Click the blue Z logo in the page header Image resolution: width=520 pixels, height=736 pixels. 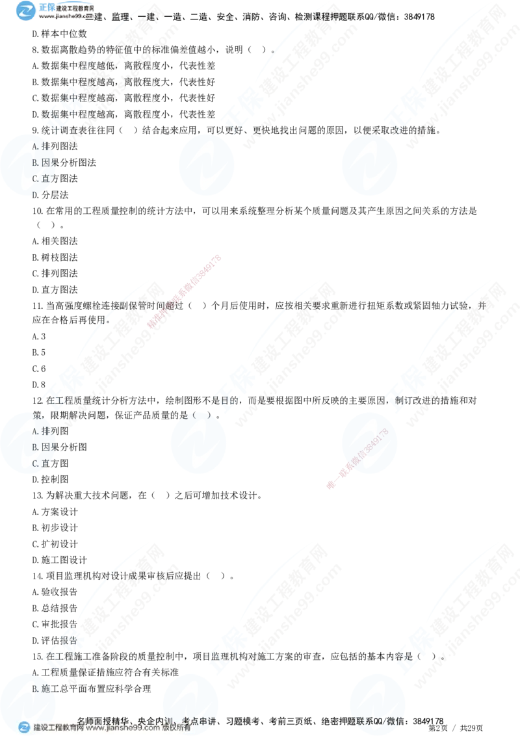click(x=27, y=10)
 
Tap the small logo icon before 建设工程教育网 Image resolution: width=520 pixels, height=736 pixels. click(x=24, y=728)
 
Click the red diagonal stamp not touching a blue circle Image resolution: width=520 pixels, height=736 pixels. click(x=185, y=293)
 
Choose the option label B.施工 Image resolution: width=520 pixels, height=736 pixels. click(x=43, y=688)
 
